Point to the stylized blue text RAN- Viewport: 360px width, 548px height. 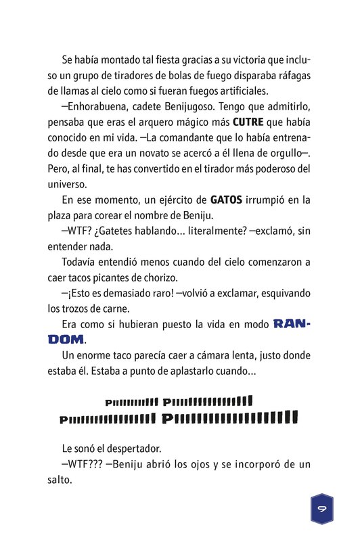pyautogui.click(x=292, y=324)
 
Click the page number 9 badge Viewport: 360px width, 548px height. pyautogui.click(x=322, y=508)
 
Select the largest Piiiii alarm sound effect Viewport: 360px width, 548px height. pyautogui.click(x=229, y=417)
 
